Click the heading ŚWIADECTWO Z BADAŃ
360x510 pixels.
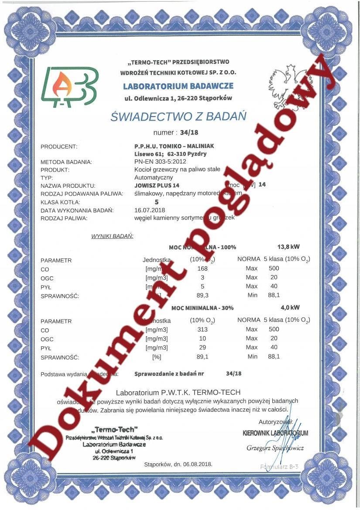pyautogui.click(x=178, y=117)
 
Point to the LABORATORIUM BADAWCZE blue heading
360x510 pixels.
pyautogui.click(x=178, y=86)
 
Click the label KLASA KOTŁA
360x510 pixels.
pyautogui.click(x=60, y=202)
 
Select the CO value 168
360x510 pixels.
pyautogui.click(x=202, y=269)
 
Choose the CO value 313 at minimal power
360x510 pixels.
pyautogui.click(x=202, y=330)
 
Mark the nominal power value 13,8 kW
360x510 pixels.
pyautogui.click(x=288, y=246)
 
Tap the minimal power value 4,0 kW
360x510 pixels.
pyautogui.click(x=290, y=307)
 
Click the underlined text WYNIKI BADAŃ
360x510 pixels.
pyautogui.click(x=112, y=236)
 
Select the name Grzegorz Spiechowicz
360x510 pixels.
pyautogui.click(x=275, y=448)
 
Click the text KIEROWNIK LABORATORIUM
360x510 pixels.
pyautogui.click(x=275, y=433)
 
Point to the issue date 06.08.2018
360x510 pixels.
pyautogui.click(x=198, y=465)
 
